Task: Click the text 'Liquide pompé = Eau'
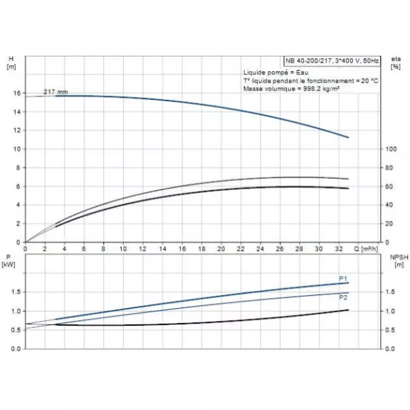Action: coord(271,72)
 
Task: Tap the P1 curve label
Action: coord(344,279)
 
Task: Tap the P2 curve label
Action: coord(344,297)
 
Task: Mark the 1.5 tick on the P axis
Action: coord(16,292)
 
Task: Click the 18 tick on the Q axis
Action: coord(201,250)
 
